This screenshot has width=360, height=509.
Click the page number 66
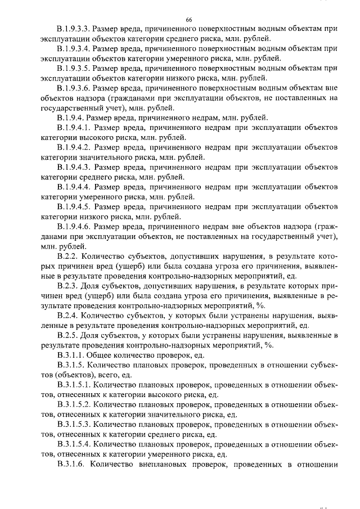tap(189, 20)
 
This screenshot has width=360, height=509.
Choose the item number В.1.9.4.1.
tap(73, 128)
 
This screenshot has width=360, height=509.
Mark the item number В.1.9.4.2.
tap(73, 147)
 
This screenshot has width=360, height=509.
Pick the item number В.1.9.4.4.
tap(73, 187)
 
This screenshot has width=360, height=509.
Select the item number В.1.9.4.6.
tap(73, 227)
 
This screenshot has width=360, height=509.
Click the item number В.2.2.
tap(66, 256)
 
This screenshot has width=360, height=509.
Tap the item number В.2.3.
tap(66, 286)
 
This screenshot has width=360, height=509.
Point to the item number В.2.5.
tap(66, 335)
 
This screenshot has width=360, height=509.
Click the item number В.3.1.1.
tap(70, 355)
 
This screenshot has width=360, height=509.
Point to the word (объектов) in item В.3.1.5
tap(61, 375)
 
